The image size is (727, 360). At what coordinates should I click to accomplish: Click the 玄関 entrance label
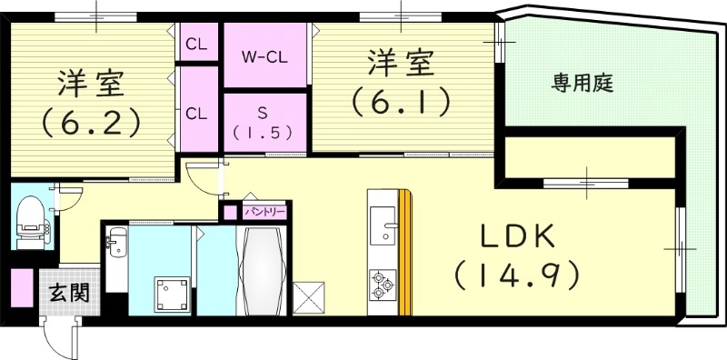[x=69, y=293]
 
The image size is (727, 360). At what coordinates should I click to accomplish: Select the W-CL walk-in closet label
[x=264, y=55]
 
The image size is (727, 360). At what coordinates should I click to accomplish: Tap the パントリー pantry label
[x=266, y=211]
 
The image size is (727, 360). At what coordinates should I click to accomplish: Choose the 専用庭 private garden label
[x=583, y=85]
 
